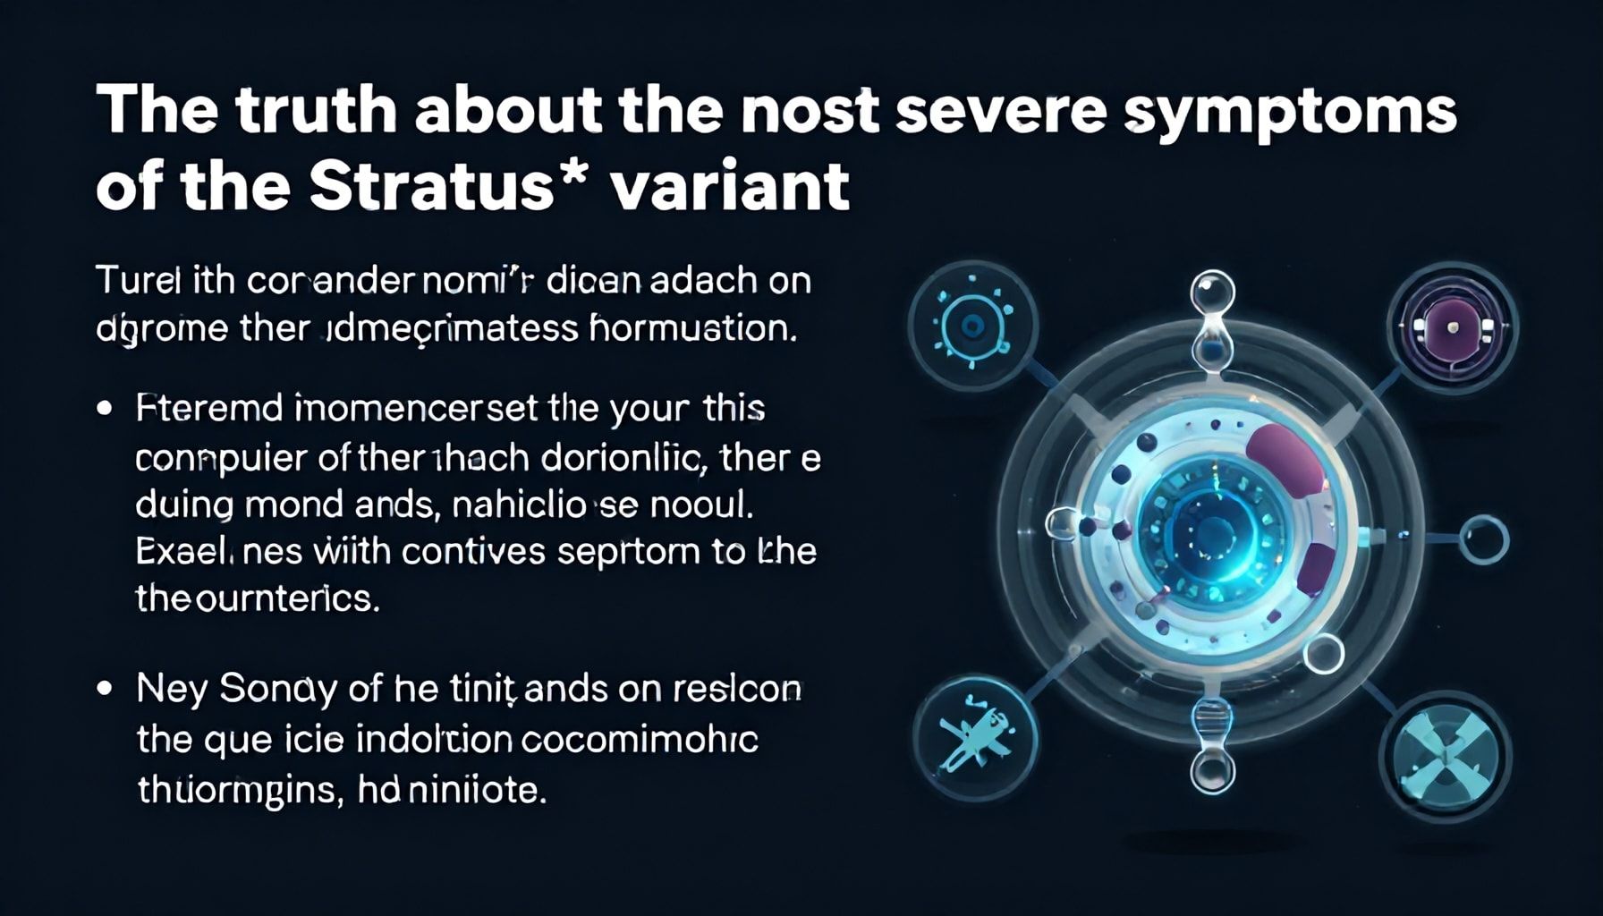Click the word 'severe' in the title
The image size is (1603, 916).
985,111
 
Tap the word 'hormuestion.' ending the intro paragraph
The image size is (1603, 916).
693,328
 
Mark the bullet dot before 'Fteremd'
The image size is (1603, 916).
106,410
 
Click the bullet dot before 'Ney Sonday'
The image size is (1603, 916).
106,690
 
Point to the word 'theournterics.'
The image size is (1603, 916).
258,598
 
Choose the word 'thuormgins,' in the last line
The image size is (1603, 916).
237,791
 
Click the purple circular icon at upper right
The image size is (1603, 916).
1452,326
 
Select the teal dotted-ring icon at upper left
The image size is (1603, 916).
972,324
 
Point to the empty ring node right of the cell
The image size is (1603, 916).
1484,539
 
